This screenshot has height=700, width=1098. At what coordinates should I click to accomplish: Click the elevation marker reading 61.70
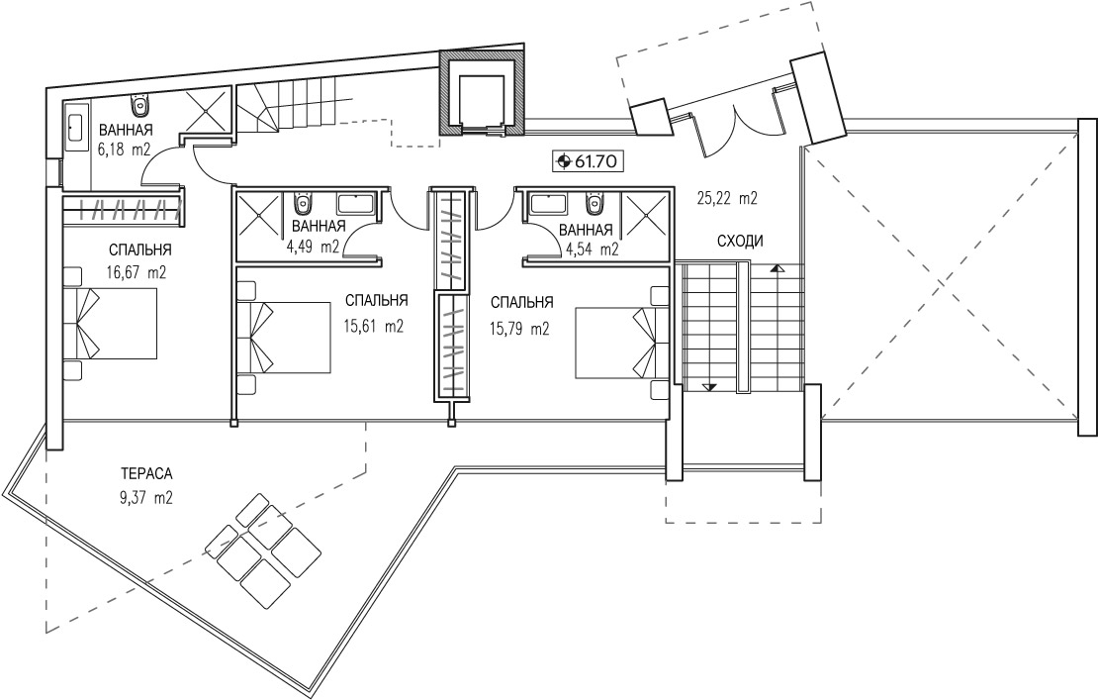[587, 161]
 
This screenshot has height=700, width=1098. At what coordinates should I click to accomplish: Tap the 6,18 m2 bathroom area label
[126, 150]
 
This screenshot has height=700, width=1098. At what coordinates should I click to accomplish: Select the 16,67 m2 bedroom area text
[137, 272]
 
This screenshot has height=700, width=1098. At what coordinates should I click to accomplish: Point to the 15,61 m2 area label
[374, 326]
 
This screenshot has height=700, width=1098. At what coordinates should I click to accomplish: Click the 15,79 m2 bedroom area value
[519, 328]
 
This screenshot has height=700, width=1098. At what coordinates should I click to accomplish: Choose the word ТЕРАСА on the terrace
[145, 473]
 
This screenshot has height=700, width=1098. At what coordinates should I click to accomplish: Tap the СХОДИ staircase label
[740, 242]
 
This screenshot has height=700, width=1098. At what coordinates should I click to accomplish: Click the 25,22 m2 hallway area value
[727, 198]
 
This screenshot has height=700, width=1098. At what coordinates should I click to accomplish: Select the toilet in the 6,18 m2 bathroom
[141, 106]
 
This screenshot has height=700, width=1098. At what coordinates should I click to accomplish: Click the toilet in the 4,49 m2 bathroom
[304, 203]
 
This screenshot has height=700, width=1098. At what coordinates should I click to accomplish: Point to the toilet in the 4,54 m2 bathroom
[595, 203]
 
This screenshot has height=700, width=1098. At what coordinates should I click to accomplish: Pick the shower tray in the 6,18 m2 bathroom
[208, 109]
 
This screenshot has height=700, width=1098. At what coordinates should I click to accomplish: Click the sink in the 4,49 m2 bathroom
[357, 204]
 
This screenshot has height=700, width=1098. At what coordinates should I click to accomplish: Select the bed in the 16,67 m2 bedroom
[110, 324]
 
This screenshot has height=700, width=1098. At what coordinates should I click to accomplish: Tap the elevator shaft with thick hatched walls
[481, 93]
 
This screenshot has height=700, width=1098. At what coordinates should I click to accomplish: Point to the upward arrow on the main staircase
[777, 267]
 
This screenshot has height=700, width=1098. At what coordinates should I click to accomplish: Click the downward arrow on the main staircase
[710, 387]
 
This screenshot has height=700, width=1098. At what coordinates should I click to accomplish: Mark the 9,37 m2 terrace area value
[145, 499]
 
